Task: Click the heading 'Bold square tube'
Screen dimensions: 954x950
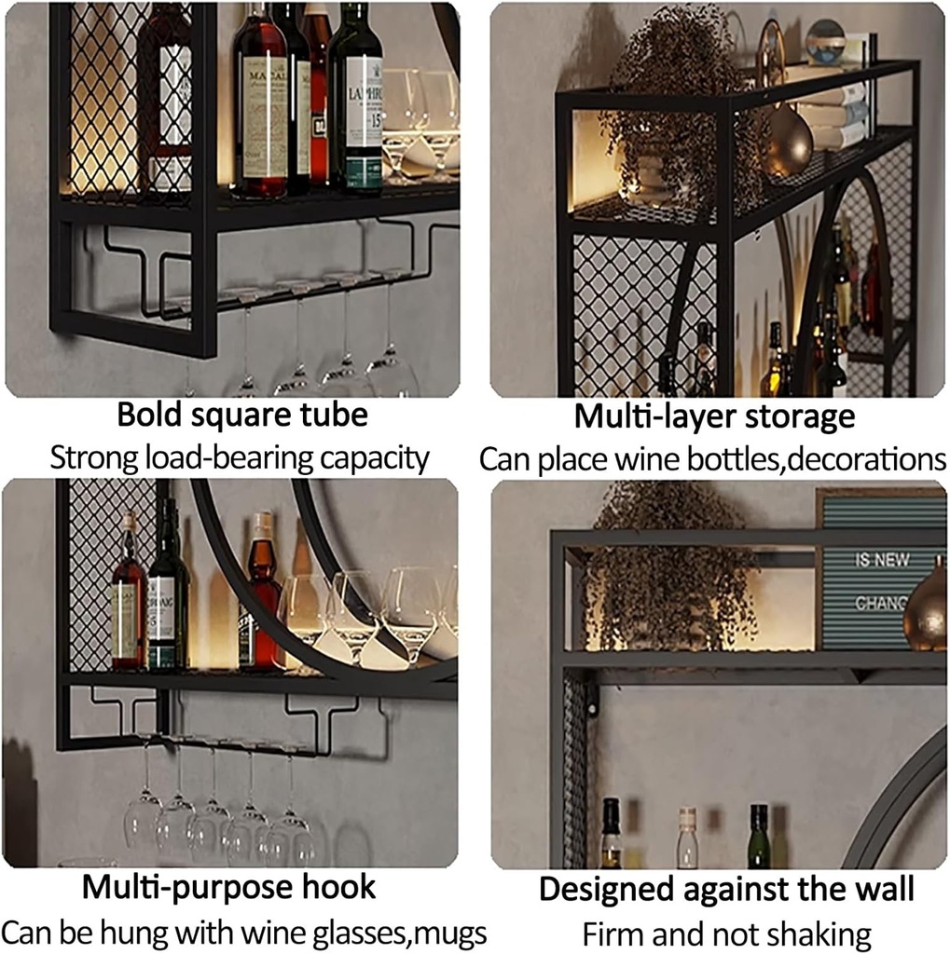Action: (242, 415)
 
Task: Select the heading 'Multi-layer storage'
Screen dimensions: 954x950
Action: (714, 416)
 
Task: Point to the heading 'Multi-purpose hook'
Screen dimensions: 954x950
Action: (229, 887)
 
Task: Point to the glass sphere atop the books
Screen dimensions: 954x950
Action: (825, 42)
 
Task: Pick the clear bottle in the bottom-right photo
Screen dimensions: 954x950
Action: (687, 838)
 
